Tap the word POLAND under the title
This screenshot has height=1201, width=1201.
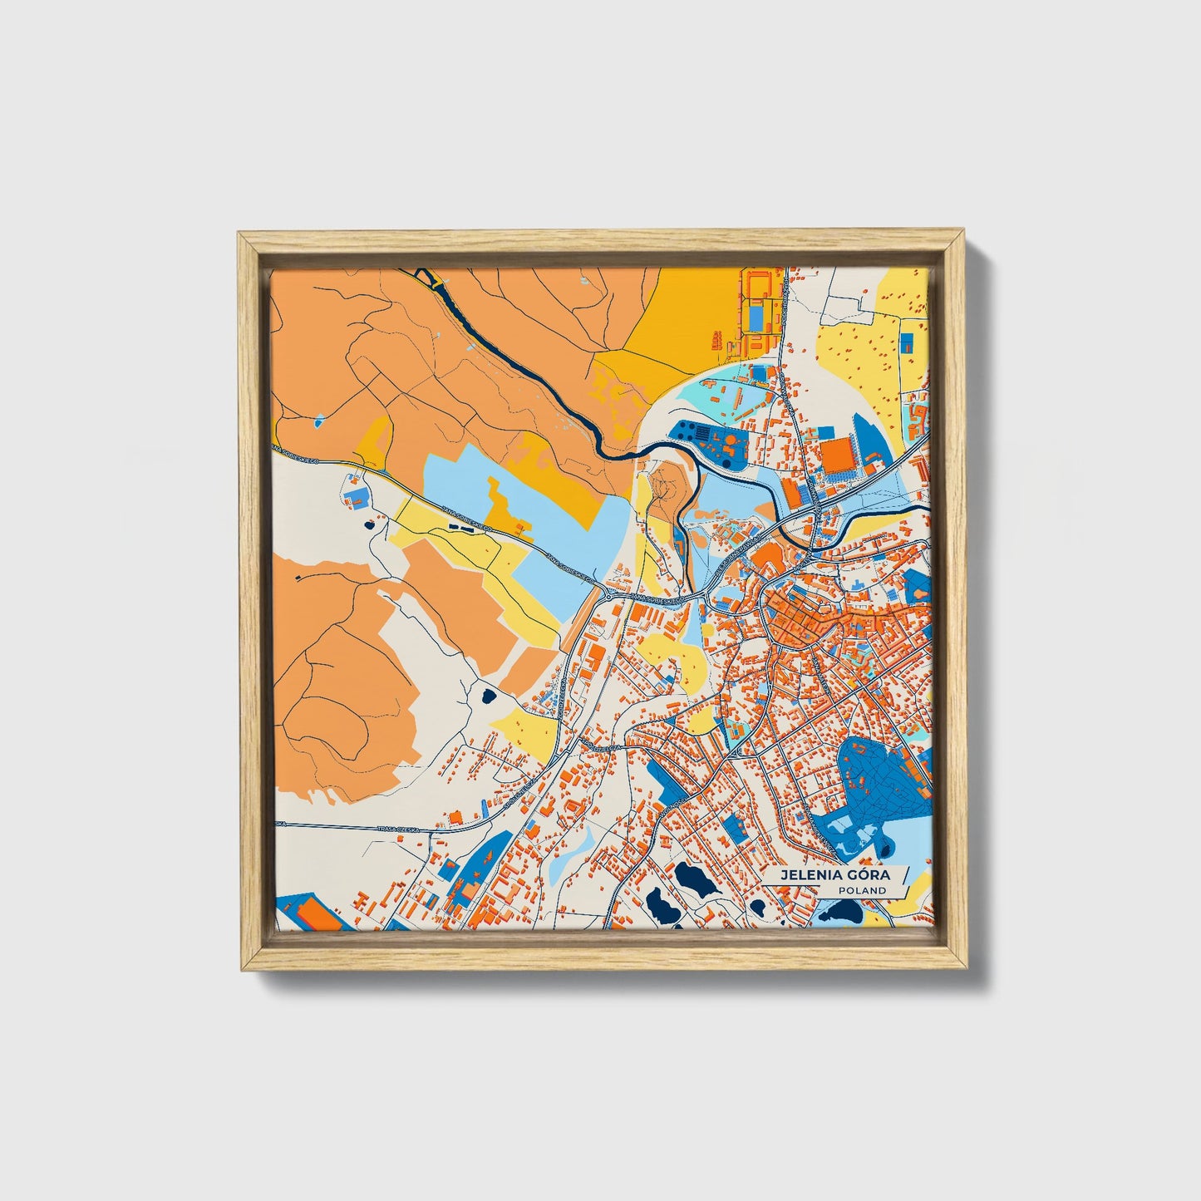861,890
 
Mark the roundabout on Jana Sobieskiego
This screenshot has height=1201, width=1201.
609,595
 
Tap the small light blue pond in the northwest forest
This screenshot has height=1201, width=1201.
320,424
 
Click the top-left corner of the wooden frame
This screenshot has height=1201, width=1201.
242,235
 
